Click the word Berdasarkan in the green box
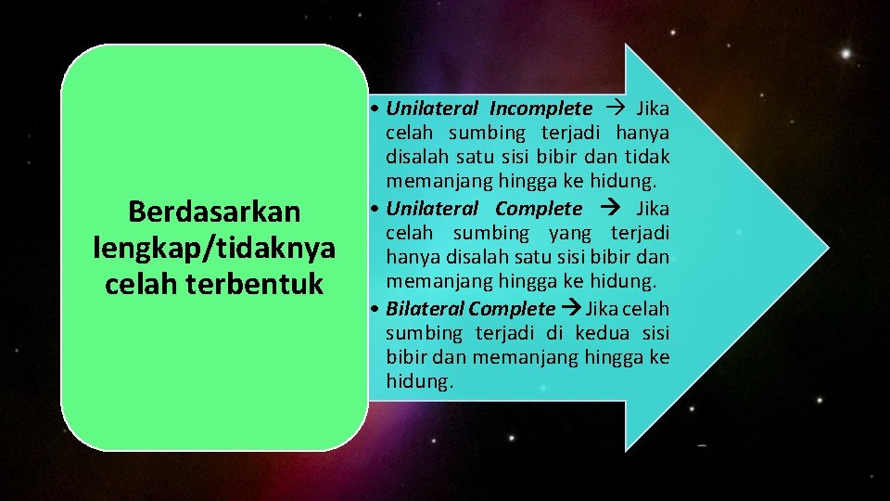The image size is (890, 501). [214, 212]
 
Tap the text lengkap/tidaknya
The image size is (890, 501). [214, 248]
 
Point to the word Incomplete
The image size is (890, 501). [540, 109]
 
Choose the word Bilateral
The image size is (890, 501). [425, 308]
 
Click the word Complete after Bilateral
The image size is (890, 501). [512, 308]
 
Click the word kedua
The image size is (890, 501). [601, 333]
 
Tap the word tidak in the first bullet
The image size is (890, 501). [648, 158]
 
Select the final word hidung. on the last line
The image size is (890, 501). [420, 381]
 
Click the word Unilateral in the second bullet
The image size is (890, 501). [432, 209]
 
